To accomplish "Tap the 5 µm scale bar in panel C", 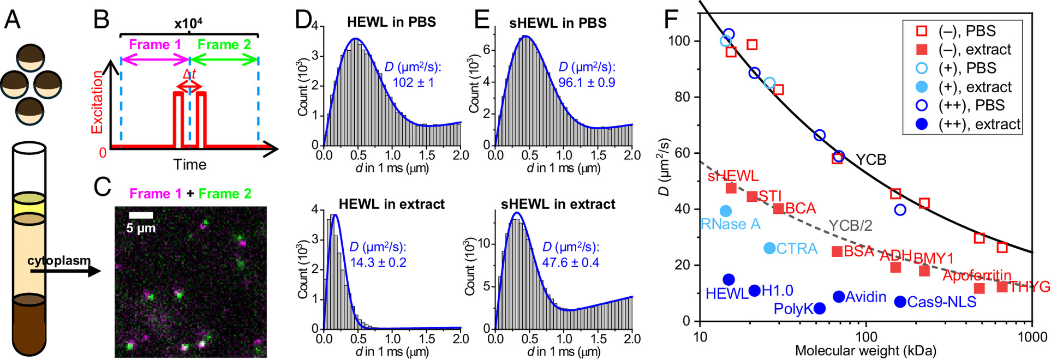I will point(141,215).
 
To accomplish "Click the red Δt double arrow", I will point(189,86).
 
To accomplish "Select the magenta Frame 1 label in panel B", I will point(155,45).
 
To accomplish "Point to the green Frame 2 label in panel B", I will point(224,45).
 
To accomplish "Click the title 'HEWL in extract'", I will point(391,205).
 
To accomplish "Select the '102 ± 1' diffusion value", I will point(413,82).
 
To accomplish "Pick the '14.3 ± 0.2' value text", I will point(378,262).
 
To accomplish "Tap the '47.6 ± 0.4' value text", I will point(570,262).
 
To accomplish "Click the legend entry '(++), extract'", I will point(979,124).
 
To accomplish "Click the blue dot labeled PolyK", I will point(819,309).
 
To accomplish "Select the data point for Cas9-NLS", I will point(900,302).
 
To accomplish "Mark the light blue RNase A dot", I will point(725,211).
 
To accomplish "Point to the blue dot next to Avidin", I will point(839,297).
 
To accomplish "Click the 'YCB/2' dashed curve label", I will point(850,225).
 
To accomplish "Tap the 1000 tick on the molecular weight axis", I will point(1031,337).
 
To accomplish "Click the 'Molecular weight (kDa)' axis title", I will point(865,351).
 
